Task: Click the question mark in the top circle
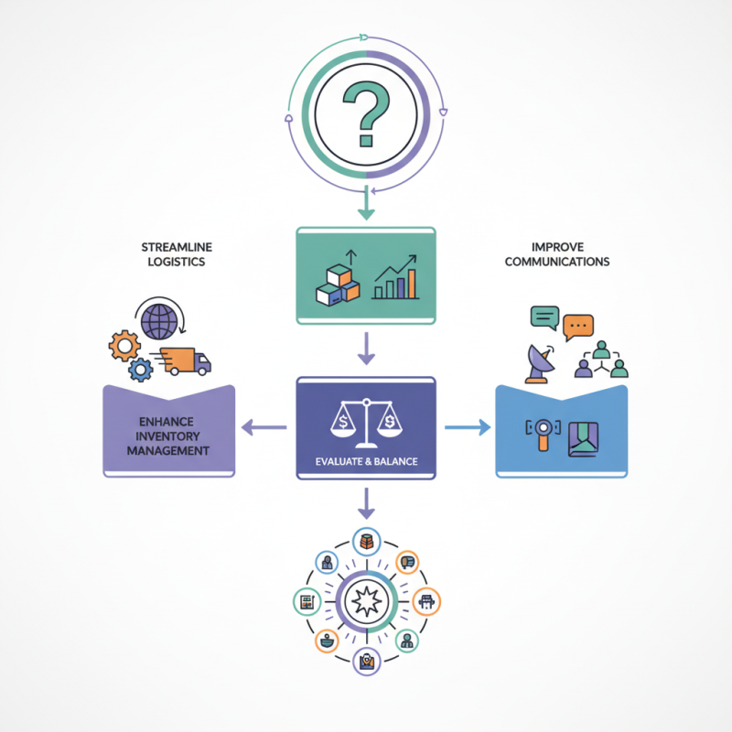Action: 366,111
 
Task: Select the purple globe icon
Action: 159,322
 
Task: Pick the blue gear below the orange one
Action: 139,370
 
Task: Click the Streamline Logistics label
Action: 173,254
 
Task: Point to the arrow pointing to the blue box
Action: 467,426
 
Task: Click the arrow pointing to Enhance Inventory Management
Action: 264,426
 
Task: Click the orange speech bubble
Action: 578,325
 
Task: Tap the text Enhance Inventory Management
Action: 168,436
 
